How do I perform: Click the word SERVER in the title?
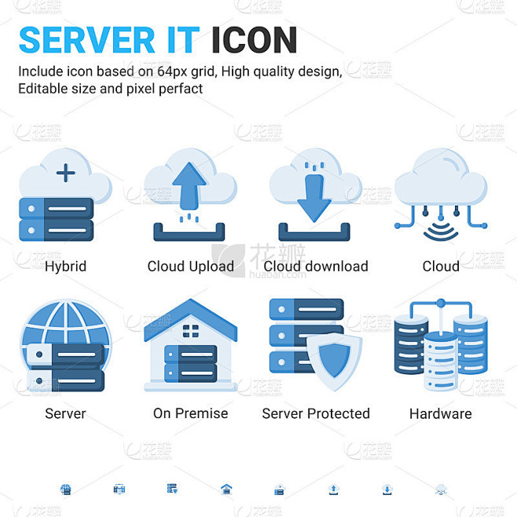(86, 40)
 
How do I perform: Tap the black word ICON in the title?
(255, 40)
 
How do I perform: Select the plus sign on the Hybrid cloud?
(66, 173)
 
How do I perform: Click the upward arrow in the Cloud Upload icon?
(189, 185)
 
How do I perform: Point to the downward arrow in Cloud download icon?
(314, 198)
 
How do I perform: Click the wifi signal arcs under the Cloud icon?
(441, 232)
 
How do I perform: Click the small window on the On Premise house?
(191, 331)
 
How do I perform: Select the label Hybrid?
(66, 266)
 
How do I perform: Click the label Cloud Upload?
(191, 266)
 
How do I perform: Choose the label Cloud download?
(316, 266)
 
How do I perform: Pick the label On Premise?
(191, 413)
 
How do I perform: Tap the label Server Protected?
(316, 413)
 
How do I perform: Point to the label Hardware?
(441, 413)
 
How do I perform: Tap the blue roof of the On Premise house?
(191, 318)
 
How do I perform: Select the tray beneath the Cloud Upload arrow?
(189, 232)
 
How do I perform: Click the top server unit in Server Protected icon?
(306, 310)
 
